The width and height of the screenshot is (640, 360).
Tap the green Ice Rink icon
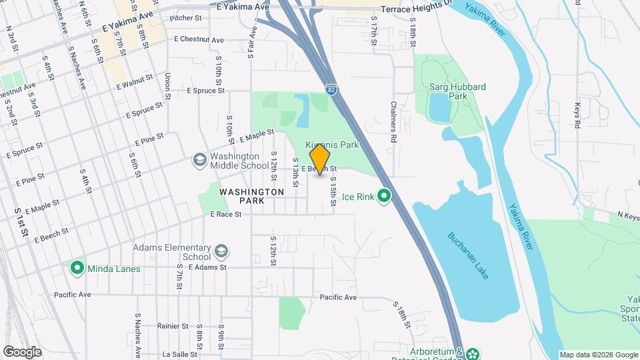tap(384, 196)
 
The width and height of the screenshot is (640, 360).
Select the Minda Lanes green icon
tap(77, 269)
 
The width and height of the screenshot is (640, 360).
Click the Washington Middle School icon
tap(199, 160)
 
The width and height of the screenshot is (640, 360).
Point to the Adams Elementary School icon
tap(221, 251)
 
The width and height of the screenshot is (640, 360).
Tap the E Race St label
tap(225, 215)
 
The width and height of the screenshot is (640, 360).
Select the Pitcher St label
tap(185, 19)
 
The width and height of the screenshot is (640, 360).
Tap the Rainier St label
tap(173, 326)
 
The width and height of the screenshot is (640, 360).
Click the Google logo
tap(22, 351)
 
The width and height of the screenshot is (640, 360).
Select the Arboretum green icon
tap(473, 353)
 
